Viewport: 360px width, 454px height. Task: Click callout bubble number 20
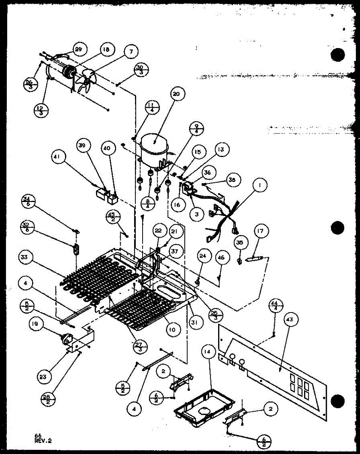point(178,94)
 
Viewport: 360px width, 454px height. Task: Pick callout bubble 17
point(261,230)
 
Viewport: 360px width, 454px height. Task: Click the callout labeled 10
point(172,330)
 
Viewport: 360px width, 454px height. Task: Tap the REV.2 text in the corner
point(43,440)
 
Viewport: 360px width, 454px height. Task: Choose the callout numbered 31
point(197,322)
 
